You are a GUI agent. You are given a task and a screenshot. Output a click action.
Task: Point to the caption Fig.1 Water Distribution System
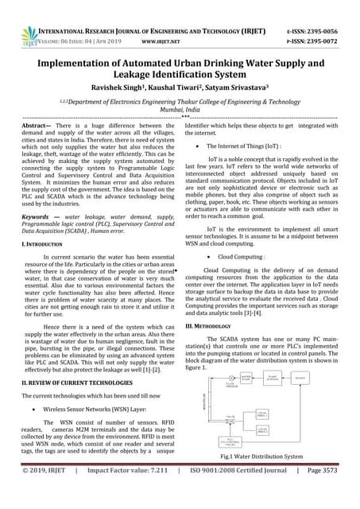(x=262, y=457)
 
